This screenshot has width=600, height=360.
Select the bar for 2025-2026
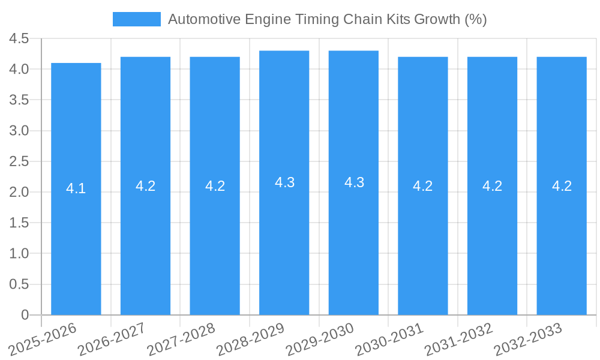point(76,240)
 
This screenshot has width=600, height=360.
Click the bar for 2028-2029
point(284,240)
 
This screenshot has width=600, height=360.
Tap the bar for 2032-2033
point(562,240)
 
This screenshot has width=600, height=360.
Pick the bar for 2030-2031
point(423,240)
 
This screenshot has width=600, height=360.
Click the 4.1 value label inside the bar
point(76,188)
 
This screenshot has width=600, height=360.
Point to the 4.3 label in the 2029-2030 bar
point(354,182)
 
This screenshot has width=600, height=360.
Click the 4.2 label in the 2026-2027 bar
point(145,186)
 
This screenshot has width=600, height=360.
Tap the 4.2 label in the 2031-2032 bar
point(492,186)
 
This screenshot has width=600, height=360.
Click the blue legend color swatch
point(137,19)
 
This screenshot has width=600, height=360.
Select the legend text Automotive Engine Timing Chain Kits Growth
point(327,19)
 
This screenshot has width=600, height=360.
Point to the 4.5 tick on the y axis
point(19,38)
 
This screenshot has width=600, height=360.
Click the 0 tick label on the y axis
point(25,315)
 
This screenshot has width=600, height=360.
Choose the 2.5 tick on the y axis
point(19,161)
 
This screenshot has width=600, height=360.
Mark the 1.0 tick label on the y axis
point(19,254)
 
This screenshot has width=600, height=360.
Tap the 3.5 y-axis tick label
point(19,100)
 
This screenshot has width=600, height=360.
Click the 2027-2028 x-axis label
point(182,338)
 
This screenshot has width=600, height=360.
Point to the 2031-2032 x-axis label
point(459,338)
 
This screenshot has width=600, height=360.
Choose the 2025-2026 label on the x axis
point(43,338)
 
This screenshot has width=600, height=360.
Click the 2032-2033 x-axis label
point(528,338)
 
